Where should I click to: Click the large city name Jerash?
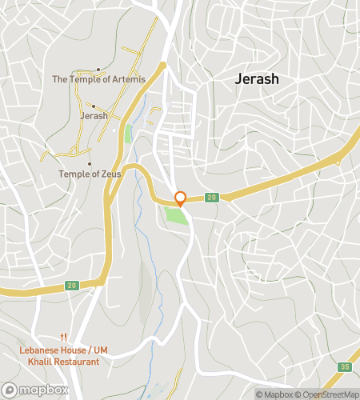pyautogui.click(x=257, y=79)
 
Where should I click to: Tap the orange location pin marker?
pyautogui.click(x=181, y=198)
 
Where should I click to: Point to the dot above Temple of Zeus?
pyautogui.click(x=89, y=164)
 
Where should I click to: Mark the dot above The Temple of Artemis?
pyautogui.click(x=98, y=70)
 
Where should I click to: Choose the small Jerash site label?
pyautogui.click(x=94, y=116)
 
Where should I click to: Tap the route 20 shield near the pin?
pyautogui.click(x=211, y=198)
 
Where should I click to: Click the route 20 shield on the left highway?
pyautogui.click(x=72, y=286)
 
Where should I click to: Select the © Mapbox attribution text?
pyautogui.click(x=274, y=394)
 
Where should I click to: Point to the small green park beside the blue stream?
pyautogui.click(x=128, y=134)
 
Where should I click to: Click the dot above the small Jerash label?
pyautogui.click(x=93, y=106)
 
